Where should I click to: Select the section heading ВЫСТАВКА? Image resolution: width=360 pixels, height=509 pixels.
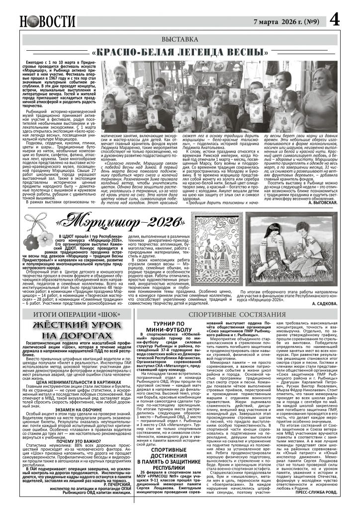click(x=180, y=39)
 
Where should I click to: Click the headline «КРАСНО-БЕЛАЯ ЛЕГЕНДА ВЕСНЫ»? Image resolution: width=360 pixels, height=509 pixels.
click(x=180, y=52)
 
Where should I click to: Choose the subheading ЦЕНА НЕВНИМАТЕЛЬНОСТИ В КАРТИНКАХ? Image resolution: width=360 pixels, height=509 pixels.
click(x=74, y=382)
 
